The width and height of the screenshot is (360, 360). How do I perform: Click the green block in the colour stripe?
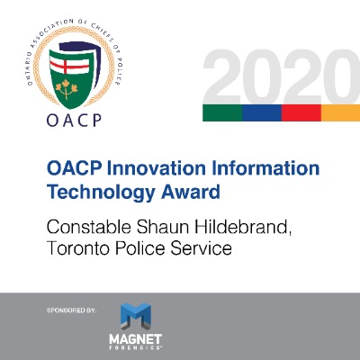(x=222, y=112)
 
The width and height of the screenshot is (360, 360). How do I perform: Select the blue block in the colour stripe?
(x=262, y=112)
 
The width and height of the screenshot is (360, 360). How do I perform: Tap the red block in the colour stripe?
(x=301, y=112)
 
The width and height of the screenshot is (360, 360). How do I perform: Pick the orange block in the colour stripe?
(x=340, y=112)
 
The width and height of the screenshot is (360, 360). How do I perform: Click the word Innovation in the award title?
(x=157, y=168)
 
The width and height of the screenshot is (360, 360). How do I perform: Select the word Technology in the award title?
(x=101, y=193)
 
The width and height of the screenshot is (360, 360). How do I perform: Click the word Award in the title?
(x=191, y=192)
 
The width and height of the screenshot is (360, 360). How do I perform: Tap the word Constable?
(x=89, y=227)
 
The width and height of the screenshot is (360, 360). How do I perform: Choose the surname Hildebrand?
(x=243, y=228)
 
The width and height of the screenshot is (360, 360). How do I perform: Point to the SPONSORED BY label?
(x=71, y=310)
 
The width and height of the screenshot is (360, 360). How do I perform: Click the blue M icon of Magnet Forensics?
(x=135, y=317)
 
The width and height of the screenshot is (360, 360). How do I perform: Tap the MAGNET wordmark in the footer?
(x=135, y=339)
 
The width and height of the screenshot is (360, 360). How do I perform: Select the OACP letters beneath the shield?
(x=74, y=121)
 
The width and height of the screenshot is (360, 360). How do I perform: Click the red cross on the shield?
(x=69, y=64)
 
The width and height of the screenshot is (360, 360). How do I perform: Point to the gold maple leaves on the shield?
(x=67, y=89)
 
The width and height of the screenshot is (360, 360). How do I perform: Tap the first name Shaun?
(x=163, y=227)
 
